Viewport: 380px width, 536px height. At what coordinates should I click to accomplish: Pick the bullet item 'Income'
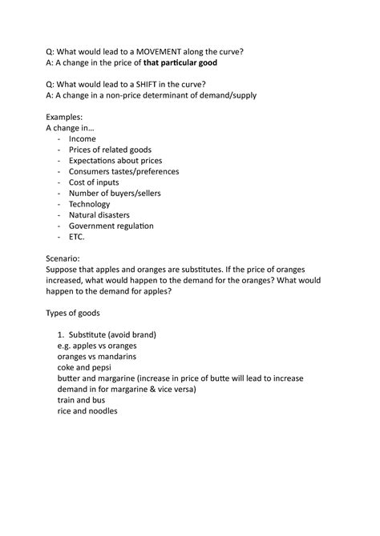click(x=82, y=138)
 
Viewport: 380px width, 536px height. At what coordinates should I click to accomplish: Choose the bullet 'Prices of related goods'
click(x=110, y=150)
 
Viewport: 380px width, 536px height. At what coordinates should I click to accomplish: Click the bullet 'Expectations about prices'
click(x=115, y=160)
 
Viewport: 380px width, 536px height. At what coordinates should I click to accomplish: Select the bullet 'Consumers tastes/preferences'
click(x=123, y=171)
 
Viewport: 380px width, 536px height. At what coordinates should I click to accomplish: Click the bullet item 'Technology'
click(x=90, y=204)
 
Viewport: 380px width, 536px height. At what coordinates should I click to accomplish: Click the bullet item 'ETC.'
click(x=76, y=237)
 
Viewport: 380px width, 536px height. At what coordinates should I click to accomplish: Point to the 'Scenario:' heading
click(x=63, y=258)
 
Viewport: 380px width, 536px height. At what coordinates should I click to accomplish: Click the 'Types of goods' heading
click(x=74, y=313)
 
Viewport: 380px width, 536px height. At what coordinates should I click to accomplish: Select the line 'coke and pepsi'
click(x=87, y=367)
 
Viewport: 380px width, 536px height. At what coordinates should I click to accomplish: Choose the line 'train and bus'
click(x=81, y=400)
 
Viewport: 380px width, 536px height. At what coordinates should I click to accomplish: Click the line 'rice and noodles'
click(x=87, y=411)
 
